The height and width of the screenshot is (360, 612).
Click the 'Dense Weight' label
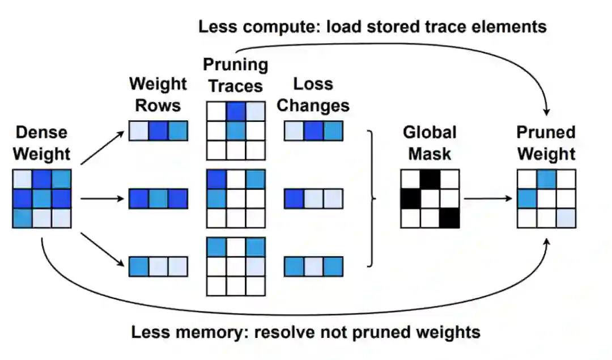41,143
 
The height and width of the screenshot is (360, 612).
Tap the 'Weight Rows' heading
158,94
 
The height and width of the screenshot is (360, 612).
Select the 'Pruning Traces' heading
235,75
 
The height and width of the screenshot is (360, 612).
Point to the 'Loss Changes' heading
313,94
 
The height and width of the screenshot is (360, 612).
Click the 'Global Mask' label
430,143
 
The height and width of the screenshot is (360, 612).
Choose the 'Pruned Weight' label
546,143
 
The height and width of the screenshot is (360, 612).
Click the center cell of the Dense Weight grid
42,198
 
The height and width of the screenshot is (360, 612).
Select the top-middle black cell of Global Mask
430,179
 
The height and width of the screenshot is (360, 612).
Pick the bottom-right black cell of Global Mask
449,218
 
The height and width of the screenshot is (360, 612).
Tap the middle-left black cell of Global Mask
410,198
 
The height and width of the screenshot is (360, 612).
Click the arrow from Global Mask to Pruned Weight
487,198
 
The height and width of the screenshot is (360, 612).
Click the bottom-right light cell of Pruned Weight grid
566,218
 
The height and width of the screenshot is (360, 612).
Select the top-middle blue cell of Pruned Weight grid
546,179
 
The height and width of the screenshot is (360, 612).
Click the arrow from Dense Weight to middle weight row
102,198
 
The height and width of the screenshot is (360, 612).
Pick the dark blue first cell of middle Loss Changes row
294,198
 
